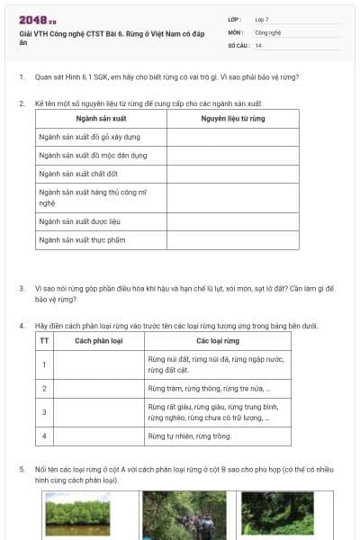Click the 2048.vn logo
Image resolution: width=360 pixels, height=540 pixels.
click(38, 19)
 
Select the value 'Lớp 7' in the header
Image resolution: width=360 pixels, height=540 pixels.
click(262, 18)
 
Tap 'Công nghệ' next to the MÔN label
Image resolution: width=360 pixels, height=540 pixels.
click(267, 31)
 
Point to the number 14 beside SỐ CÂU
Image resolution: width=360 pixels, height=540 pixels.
click(258, 45)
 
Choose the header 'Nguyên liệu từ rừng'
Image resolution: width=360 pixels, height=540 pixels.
click(232, 118)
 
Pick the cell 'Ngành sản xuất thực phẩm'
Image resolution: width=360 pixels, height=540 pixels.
click(86, 239)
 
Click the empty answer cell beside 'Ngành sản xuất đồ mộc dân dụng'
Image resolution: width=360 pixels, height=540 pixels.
click(232, 155)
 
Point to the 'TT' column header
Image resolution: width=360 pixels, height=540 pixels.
click(44, 341)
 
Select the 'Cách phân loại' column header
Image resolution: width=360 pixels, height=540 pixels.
click(99, 341)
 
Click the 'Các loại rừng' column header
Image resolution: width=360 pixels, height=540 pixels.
click(217, 341)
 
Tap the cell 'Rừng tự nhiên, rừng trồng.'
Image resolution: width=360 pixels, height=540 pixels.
click(190, 436)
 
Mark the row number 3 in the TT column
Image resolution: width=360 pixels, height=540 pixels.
click(44, 412)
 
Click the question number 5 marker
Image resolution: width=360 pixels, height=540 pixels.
click(22, 469)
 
